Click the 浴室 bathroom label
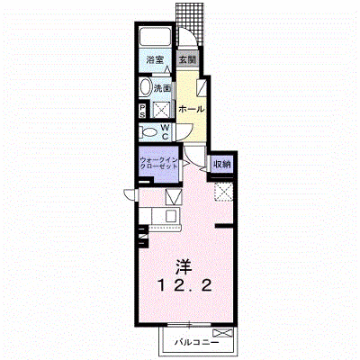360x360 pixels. pyautogui.click(x=155, y=59)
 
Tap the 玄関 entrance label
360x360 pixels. pyautogui.click(x=187, y=59)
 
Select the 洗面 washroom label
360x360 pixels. pyautogui.click(x=162, y=88)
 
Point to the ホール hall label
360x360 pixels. pyautogui.click(x=191, y=109)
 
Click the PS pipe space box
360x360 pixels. pyautogui.click(x=143, y=111)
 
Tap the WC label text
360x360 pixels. pyautogui.click(x=166, y=132)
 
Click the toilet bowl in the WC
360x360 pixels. pyautogui.click(x=149, y=132)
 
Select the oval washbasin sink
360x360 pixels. pyautogui.click(x=146, y=88)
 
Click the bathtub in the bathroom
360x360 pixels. pyautogui.click(x=155, y=36)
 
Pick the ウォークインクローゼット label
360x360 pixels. pyautogui.click(x=159, y=163)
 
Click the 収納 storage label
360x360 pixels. pyautogui.click(x=221, y=165)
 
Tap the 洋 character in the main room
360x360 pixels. pyautogui.click(x=184, y=266)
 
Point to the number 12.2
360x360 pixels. pyautogui.click(x=185, y=285)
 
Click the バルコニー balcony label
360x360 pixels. pyautogui.click(x=197, y=342)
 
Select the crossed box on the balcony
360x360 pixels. pyautogui.click(x=222, y=333)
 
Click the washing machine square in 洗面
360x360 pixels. pyautogui.click(x=162, y=110)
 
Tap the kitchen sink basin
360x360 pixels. pyautogui.click(x=172, y=216)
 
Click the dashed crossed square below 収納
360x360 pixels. pyautogui.click(x=224, y=192)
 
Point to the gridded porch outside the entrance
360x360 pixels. pyautogui.click(x=190, y=23)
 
